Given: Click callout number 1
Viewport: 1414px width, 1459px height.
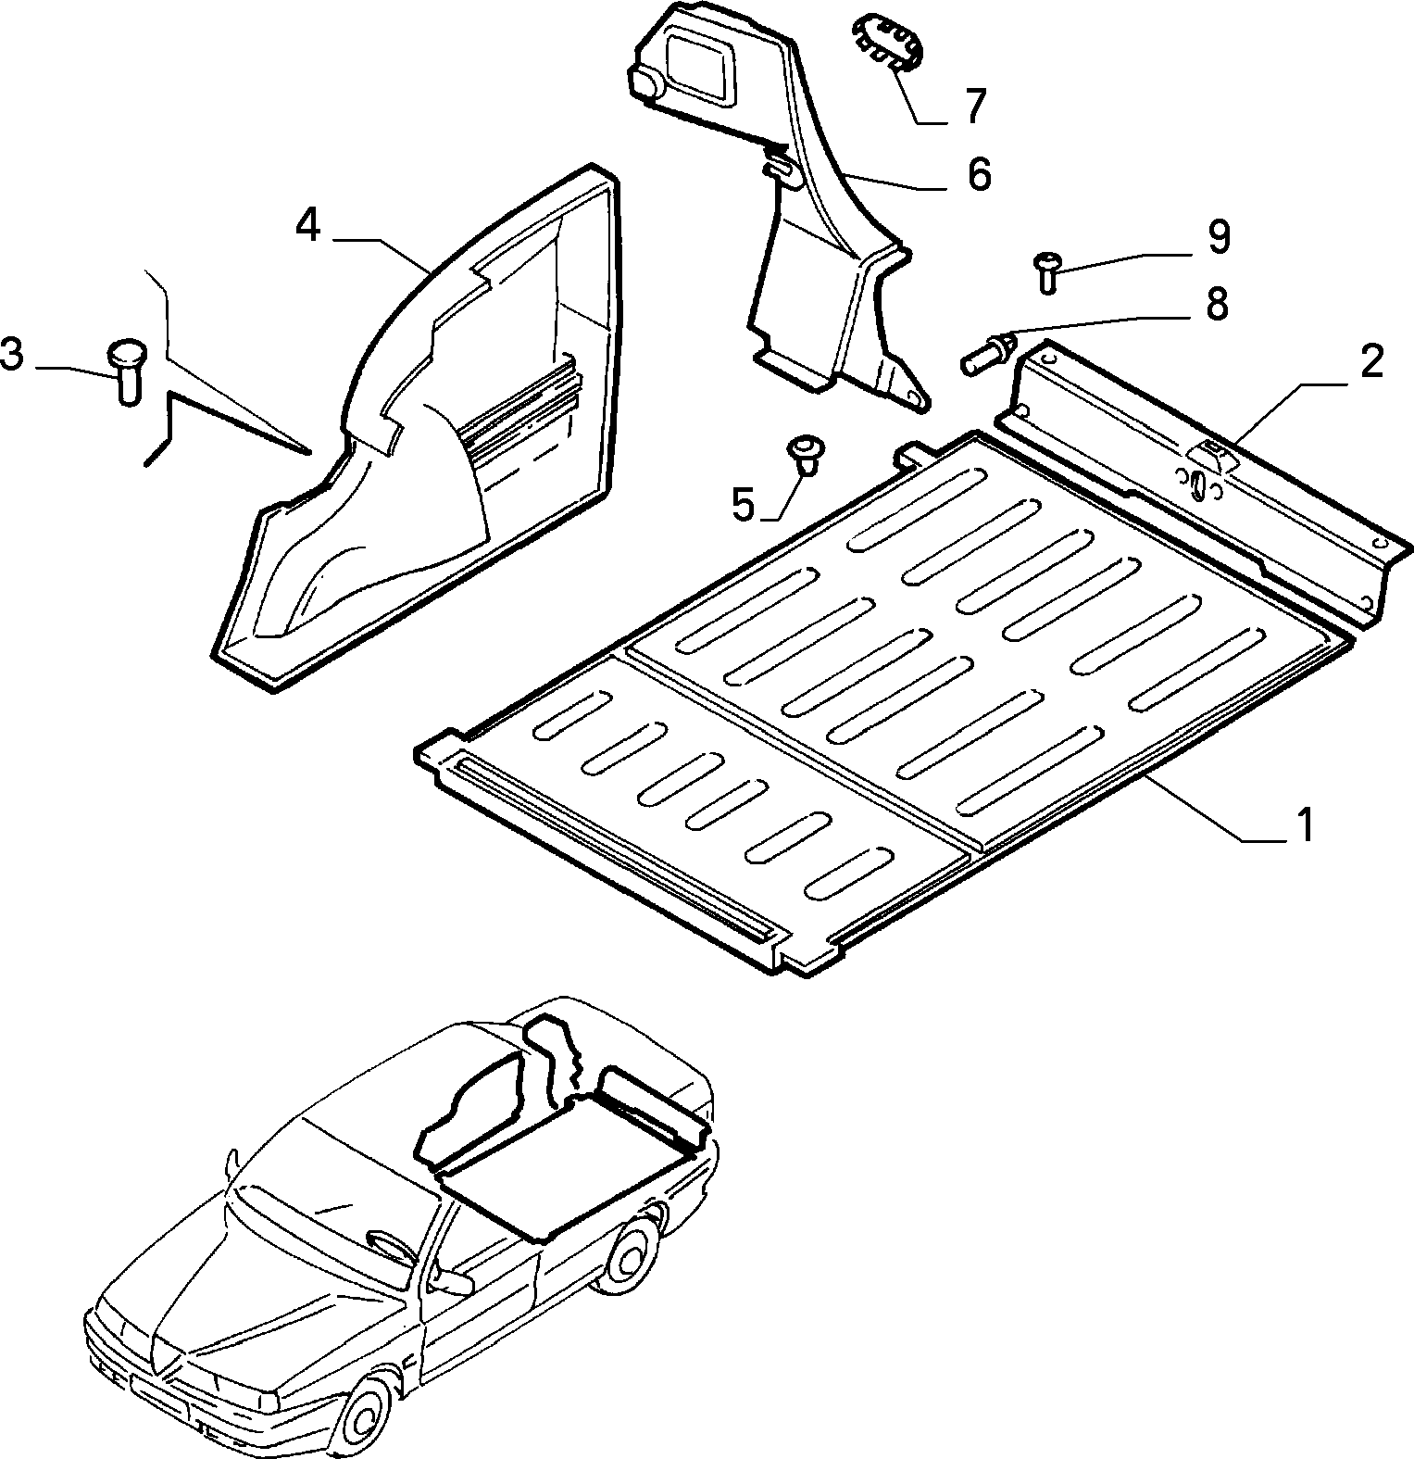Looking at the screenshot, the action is [1304, 824].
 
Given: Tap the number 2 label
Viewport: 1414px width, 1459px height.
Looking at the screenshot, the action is [1372, 360].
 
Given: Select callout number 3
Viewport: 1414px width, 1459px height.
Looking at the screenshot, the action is [12, 355].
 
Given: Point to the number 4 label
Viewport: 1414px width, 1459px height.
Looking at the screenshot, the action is [308, 225].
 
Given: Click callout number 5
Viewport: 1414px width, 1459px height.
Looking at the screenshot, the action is [745, 505].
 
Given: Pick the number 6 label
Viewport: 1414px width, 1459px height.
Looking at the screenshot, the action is [980, 174].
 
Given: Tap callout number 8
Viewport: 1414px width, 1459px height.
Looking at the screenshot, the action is [1217, 304].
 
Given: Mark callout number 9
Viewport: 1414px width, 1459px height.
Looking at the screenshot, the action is [1219, 237].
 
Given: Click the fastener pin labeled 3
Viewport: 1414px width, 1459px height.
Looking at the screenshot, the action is [124, 371].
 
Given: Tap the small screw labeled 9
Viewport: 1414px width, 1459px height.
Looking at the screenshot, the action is [1047, 271].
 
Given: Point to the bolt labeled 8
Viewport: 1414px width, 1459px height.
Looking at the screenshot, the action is [989, 353].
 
